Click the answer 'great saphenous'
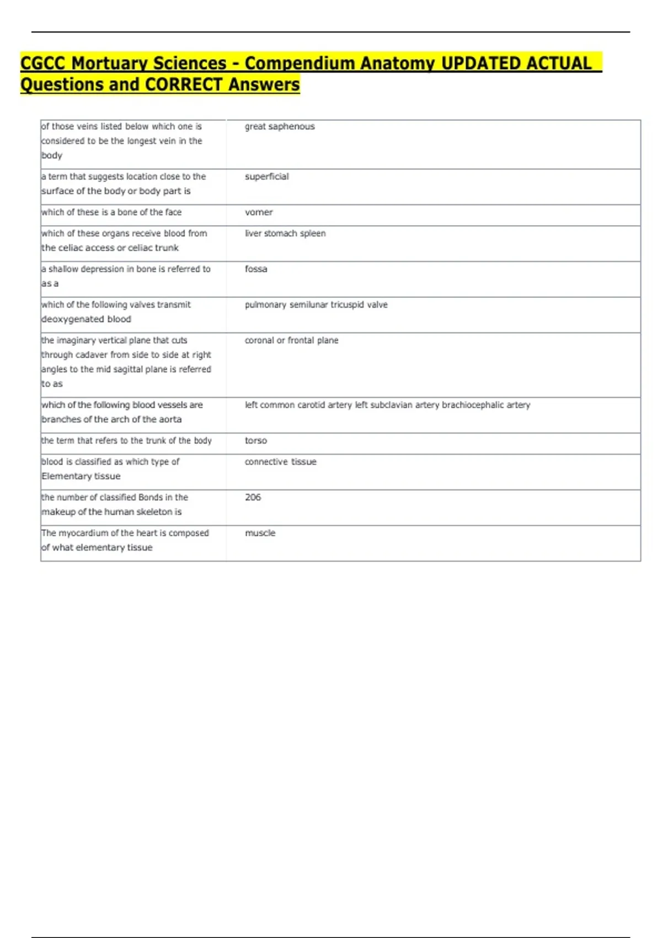pyautogui.click(x=280, y=126)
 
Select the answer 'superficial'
pyautogui.click(x=267, y=177)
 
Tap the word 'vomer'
pyautogui.click(x=259, y=212)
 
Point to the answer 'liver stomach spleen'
pyautogui.click(x=285, y=233)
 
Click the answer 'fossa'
pyautogui.click(x=256, y=269)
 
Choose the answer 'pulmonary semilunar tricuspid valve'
pyautogui.click(x=316, y=305)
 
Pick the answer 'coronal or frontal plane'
pyautogui.click(x=291, y=340)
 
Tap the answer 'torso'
pyautogui.click(x=256, y=440)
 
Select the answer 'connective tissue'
pyautogui.click(x=281, y=462)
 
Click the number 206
pyautogui.click(x=253, y=497)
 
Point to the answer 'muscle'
pyautogui.click(x=260, y=533)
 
